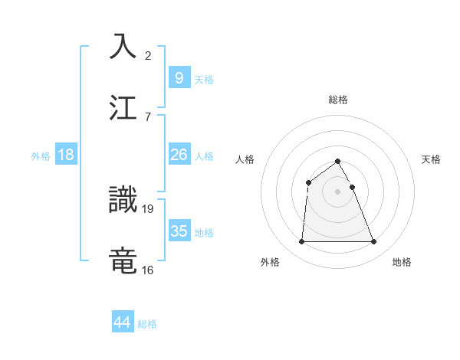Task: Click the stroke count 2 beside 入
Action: [148, 56]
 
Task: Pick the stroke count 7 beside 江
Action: [148, 116]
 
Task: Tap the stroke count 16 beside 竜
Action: [148, 270]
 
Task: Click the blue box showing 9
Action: [179, 77]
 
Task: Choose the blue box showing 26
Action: [179, 155]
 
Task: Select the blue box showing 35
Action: [179, 231]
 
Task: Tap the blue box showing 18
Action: [66, 155]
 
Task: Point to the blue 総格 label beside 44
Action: [147, 324]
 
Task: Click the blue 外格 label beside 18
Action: [41, 156]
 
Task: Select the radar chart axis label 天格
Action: [432, 159]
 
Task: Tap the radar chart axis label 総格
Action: [337, 100]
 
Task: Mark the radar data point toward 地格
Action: [374, 242]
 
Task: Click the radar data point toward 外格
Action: [301, 242]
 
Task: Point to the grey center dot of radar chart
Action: [337, 191]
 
